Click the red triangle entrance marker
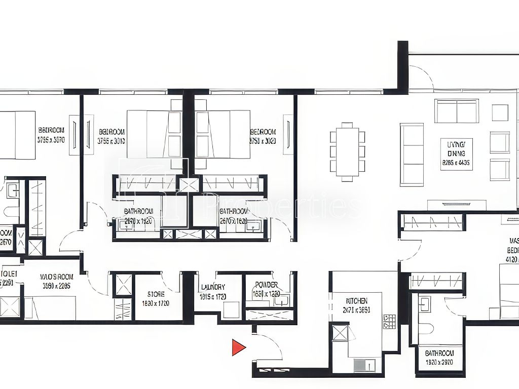point(238,347)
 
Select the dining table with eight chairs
point(347,151)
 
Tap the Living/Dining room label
point(456,153)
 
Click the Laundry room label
point(212,292)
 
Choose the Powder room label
point(266,289)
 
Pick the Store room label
point(156,298)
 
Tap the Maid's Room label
point(56,281)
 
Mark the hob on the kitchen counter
point(389,321)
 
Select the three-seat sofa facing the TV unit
point(412,154)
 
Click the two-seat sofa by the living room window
point(456,110)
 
